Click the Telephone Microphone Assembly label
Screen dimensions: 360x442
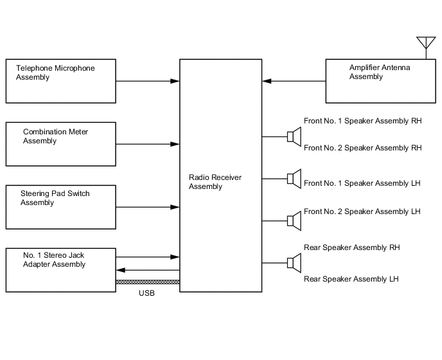click(55, 73)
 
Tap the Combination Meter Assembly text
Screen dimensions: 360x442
click(56, 136)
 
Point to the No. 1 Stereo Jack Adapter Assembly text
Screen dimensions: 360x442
click(53, 260)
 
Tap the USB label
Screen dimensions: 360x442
click(147, 294)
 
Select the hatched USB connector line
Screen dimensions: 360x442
click(148, 282)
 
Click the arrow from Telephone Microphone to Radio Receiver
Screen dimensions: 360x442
click(148, 81)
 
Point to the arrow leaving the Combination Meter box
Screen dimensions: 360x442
click(148, 144)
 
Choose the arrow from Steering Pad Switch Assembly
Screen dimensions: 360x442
click(148, 207)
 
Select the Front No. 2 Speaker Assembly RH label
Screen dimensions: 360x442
click(362, 148)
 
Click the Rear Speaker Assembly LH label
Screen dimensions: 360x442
click(351, 279)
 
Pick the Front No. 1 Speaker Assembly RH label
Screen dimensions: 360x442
click(362, 120)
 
